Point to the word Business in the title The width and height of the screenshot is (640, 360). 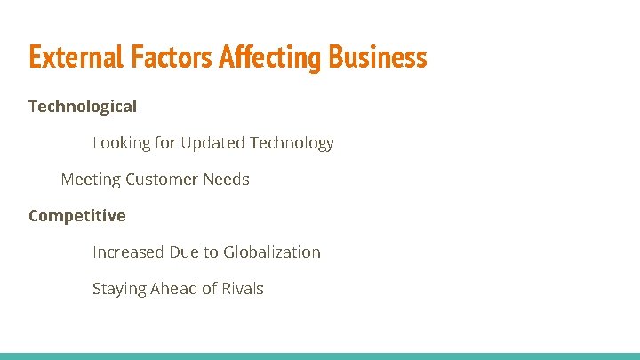coord(378,58)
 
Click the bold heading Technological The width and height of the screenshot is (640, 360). coord(83,107)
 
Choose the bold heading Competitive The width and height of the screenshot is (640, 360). coord(77,216)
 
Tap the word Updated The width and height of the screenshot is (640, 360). coord(212,143)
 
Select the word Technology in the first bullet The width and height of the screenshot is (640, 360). coord(292,143)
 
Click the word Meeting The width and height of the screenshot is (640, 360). coord(91,180)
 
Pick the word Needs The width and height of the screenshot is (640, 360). coord(226,180)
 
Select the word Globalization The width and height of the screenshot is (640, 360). coord(271,252)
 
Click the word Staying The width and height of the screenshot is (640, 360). coord(119,289)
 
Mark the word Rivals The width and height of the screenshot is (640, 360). coord(242,289)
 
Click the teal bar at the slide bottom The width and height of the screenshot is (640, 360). coord(320,356)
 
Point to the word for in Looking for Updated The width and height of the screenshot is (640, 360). coord(165,143)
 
